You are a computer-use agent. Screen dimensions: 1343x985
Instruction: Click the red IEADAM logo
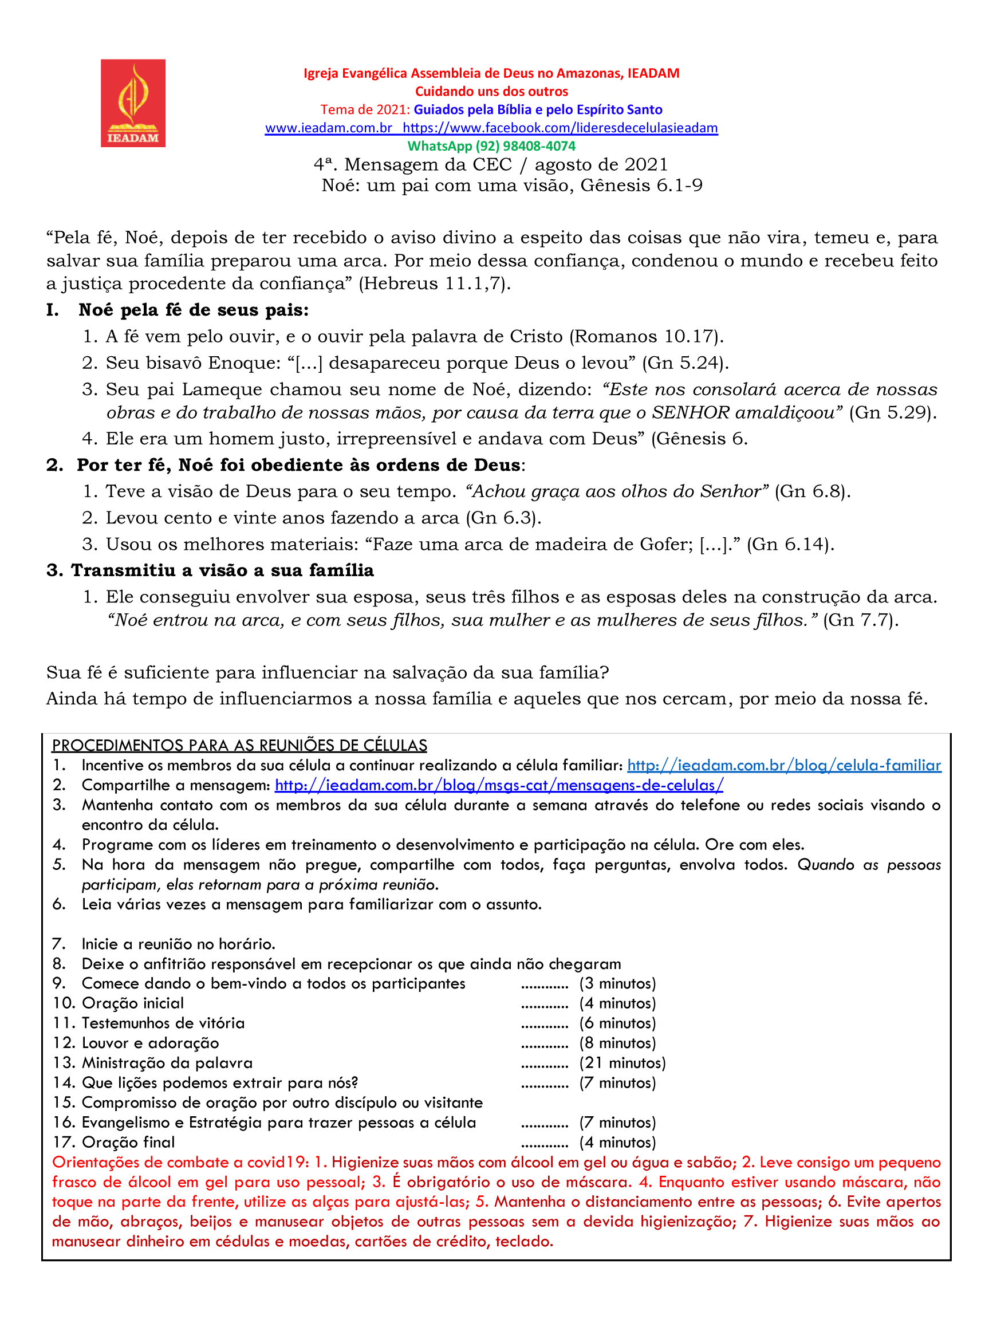click(x=132, y=103)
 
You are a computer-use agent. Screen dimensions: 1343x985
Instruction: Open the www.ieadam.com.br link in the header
click(x=329, y=128)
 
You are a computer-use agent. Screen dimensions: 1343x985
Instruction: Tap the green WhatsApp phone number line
click(x=491, y=146)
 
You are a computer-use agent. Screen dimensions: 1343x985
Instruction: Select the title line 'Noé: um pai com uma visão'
click(x=511, y=186)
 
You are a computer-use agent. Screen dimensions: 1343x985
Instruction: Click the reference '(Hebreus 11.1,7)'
click(x=435, y=283)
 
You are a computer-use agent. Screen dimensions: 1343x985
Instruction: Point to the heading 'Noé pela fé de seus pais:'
click(x=193, y=310)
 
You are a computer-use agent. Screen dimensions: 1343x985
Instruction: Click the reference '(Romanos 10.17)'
click(x=647, y=336)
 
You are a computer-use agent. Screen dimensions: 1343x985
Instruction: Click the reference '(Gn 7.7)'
click(x=860, y=620)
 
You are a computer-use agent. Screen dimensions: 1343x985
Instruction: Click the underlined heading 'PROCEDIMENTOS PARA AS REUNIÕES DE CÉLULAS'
click(x=239, y=746)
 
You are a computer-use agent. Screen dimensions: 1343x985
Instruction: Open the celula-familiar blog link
click(x=783, y=765)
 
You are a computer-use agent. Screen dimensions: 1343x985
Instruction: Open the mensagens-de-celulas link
click(x=498, y=785)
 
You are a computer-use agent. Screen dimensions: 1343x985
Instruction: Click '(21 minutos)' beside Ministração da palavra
click(x=622, y=1063)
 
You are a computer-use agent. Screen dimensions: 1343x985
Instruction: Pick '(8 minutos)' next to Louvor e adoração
click(x=617, y=1043)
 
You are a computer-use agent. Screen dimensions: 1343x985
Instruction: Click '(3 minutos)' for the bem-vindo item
click(x=617, y=983)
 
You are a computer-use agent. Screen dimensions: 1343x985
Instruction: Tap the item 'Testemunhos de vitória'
click(x=163, y=1023)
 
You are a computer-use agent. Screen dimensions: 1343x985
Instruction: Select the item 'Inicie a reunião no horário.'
click(x=178, y=944)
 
